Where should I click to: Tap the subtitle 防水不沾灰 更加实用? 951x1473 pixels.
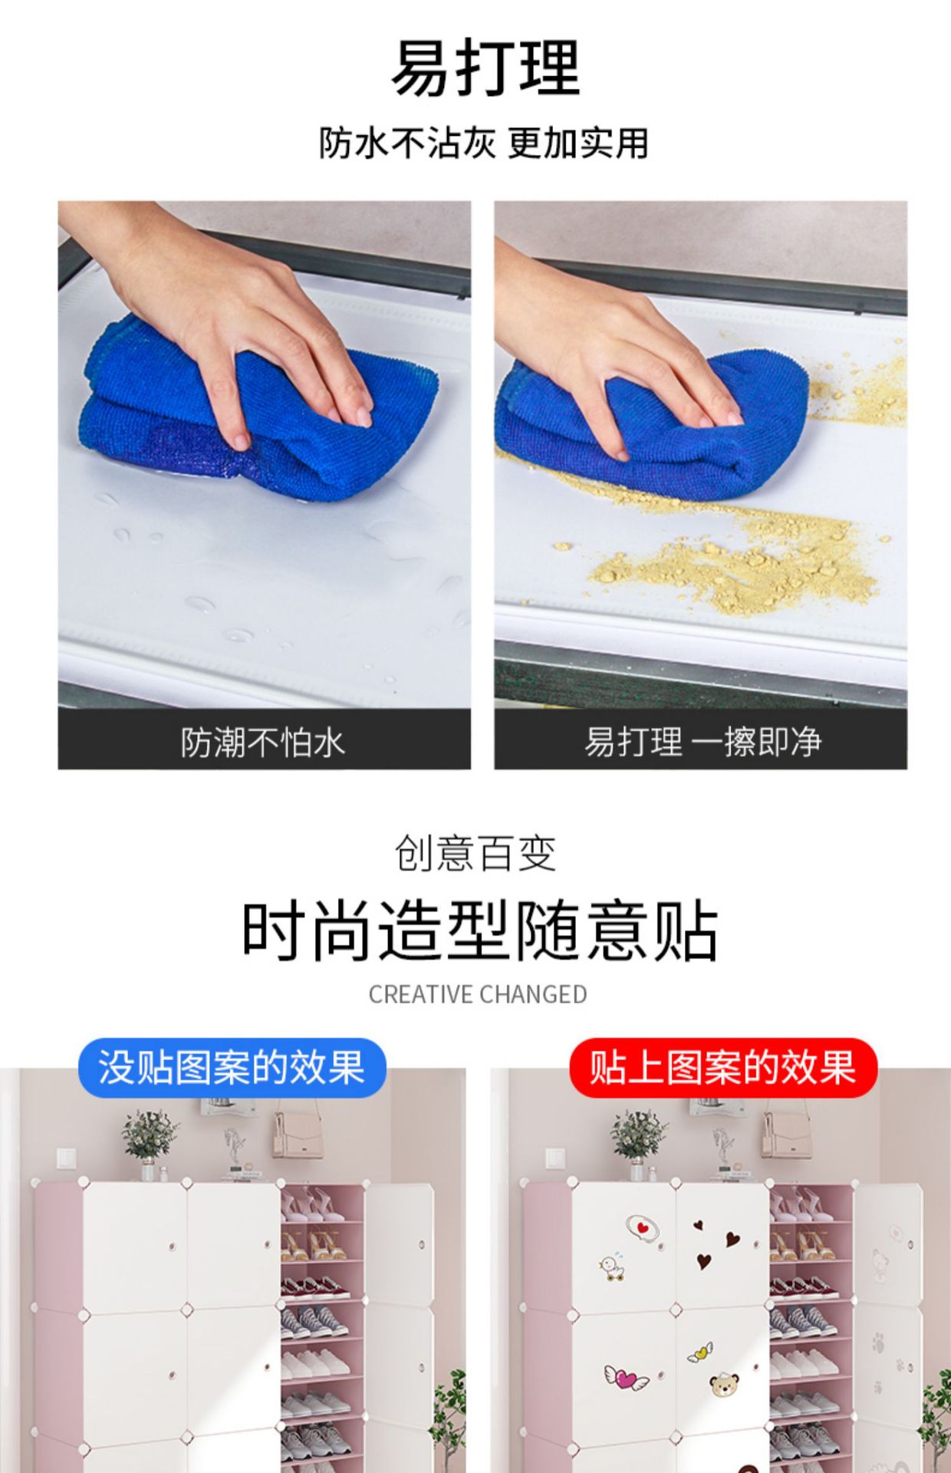[484, 143]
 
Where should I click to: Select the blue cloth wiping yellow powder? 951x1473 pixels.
[652, 422]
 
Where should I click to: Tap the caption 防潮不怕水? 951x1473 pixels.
[263, 742]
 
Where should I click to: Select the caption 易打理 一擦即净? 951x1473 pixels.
[703, 742]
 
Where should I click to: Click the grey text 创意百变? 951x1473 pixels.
[475, 853]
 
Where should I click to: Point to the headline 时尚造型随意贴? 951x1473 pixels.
[480, 931]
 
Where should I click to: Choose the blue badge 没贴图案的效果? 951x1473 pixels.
[232, 1067]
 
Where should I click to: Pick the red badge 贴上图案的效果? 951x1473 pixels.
[722, 1067]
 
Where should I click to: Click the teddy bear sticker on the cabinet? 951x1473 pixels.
[724, 1383]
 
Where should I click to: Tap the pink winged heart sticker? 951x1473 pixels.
[627, 1377]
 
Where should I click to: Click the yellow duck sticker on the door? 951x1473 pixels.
[612, 1267]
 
